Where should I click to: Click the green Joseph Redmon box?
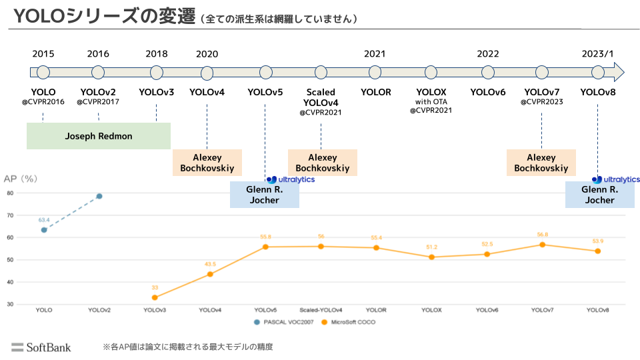[99, 136]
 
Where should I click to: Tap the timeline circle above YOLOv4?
[207, 73]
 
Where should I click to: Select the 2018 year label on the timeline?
[157, 54]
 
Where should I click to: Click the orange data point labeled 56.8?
[542, 245]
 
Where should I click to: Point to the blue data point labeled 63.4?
[44, 230]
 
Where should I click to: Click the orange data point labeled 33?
[155, 297]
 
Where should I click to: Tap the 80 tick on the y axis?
[10, 193]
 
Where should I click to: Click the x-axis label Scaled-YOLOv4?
[321, 310]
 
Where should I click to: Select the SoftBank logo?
[41, 347]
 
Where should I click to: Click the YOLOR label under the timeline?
[376, 92]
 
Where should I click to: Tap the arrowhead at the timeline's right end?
[619, 72]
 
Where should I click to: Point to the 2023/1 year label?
[597, 54]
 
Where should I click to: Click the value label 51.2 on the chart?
[432, 247]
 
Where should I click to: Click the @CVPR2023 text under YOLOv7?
[542, 102]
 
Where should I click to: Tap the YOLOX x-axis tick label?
[431, 310]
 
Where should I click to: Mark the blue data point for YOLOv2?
[99, 196]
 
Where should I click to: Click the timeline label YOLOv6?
[488, 92]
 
